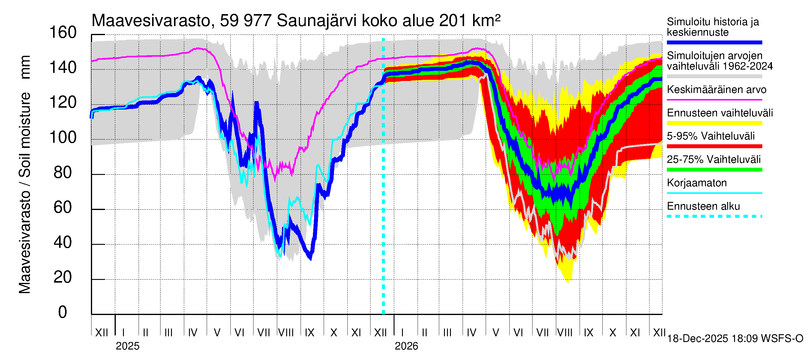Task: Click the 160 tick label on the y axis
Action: tap(63, 33)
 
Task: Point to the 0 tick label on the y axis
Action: tap(63, 312)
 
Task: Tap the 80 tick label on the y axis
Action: tap(63, 172)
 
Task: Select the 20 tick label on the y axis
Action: tap(63, 277)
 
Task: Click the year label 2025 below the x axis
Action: tap(127, 346)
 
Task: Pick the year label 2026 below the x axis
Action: tap(406, 346)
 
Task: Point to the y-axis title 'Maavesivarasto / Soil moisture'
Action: tap(25, 175)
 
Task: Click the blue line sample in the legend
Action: tap(714, 42)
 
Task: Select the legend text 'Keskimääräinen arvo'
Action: tap(717, 90)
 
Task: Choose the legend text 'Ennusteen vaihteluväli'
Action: tap(720, 113)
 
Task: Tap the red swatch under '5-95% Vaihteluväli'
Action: tap(714, 146)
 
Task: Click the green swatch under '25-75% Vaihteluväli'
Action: tap(714, 170)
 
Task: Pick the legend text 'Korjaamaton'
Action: tap(697, 183)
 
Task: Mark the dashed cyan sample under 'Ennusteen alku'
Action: tap(714, 216)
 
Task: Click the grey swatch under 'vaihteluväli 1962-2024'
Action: tap(714, 76)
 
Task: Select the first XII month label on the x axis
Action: tap(102, 333)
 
